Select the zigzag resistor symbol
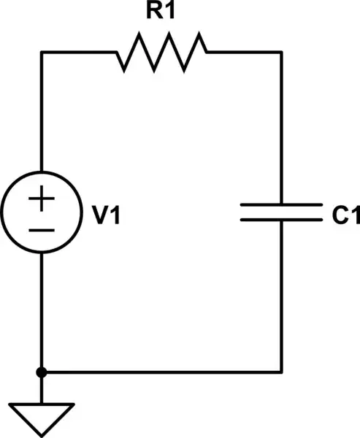161,52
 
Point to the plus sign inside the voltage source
42,199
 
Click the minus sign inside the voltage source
42,231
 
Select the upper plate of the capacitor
281,206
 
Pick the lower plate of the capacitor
281,219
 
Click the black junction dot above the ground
42,372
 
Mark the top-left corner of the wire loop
42,52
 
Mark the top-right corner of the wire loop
281,52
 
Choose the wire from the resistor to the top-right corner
245,52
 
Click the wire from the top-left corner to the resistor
77,52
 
